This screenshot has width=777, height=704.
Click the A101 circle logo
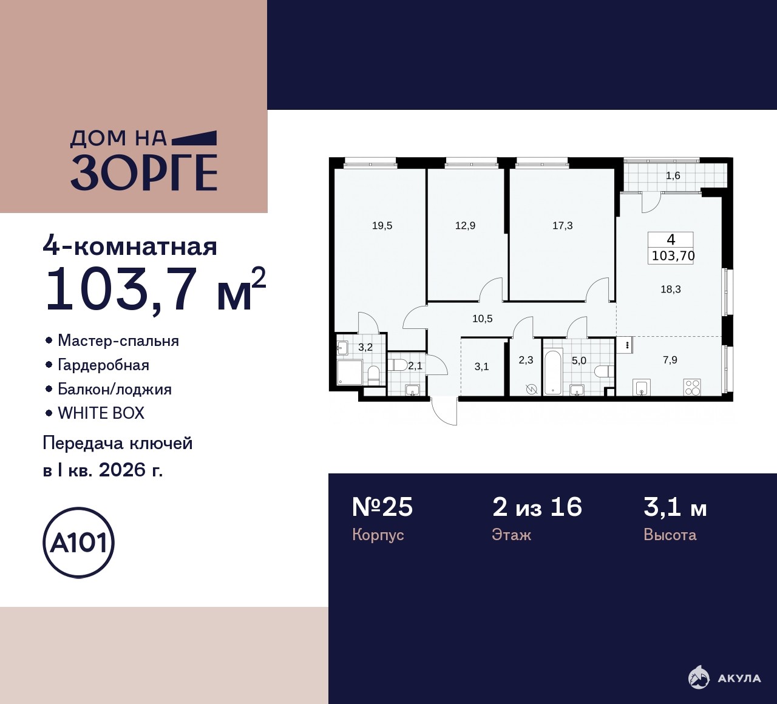click(x=79, y=543)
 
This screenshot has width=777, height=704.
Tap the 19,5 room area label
click(x=382, y=226)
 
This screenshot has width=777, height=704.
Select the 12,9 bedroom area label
click(x=465, y=226)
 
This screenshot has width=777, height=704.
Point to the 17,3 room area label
click(x=563, y=226)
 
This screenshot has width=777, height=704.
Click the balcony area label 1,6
click(x=673, y=176)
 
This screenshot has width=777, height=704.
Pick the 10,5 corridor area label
click(x=483, y=319)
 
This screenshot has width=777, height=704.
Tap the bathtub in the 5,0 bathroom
click(x=553, y=371)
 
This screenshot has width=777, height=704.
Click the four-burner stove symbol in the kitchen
click(x=693, y=387)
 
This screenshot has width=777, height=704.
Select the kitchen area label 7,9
click(x=670, y=360)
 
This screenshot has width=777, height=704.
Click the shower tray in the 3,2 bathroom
click(x=350, y=372)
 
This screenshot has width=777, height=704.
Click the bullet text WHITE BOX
click(x=101, y=413)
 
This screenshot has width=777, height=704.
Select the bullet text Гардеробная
click(x=103, y=365)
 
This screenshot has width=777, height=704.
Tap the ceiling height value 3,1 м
click(x=675, y=508)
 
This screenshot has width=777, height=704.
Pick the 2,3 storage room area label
click(x=526, y=360)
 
